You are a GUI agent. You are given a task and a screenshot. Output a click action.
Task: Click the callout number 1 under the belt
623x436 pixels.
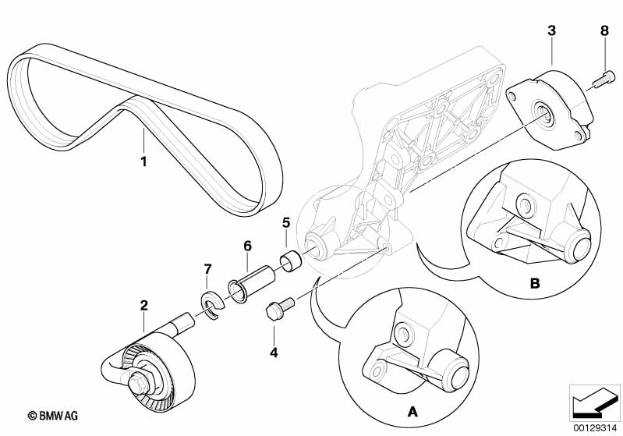143,161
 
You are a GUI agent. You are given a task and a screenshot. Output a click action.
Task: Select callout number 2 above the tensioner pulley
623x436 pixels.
143,305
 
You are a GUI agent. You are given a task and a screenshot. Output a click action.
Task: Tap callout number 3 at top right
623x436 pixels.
551,30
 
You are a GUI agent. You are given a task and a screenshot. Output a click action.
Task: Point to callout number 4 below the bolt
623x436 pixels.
274,353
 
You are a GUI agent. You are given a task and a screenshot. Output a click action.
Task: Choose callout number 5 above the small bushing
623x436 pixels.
286,222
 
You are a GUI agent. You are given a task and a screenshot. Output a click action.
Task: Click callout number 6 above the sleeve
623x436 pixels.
247,246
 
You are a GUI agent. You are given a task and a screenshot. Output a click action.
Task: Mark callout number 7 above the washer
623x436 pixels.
207,269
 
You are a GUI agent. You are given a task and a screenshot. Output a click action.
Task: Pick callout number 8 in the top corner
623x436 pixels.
604,30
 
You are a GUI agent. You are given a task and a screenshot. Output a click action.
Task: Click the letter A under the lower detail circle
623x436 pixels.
413,412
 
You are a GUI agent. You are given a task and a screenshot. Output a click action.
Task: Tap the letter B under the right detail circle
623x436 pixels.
535,283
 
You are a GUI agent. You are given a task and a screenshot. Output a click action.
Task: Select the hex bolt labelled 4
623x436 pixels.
279,307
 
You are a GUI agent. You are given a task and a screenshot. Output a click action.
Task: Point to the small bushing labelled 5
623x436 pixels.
292,261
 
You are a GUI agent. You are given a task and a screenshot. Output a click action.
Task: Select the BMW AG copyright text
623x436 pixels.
53,416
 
